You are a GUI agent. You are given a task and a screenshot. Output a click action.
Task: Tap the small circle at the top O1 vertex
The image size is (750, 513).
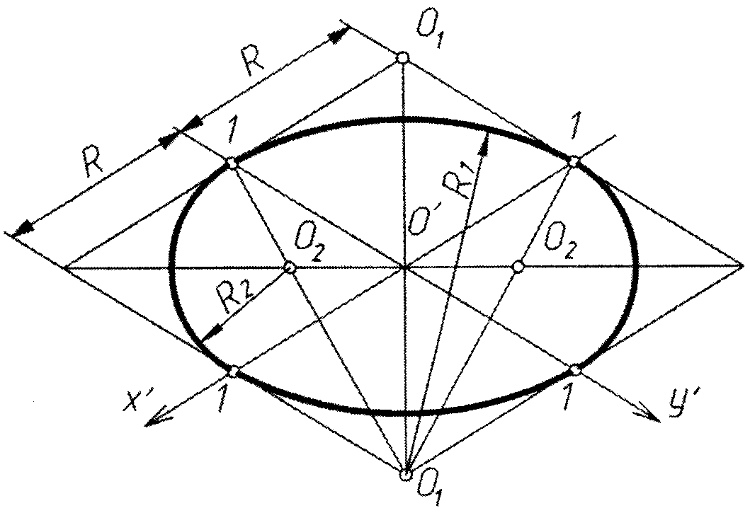(x=402, y=57)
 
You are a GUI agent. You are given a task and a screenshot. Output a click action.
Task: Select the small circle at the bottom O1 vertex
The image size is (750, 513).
(x=406, y=475)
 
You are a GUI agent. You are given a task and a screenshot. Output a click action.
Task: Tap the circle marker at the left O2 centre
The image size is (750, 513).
(x=289, y=267)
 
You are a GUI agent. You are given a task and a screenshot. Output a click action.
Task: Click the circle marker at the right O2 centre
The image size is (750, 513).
(x=518, y=267)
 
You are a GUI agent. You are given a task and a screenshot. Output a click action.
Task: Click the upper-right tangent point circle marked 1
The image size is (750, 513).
(x=573, y=162)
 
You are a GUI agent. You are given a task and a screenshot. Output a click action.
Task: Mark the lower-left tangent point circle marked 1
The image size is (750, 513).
(x=234, y=371)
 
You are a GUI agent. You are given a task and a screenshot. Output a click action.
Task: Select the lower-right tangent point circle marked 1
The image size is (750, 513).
(x=576, y=370)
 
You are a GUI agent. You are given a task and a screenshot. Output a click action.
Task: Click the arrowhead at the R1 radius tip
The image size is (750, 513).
(x=485, y=142)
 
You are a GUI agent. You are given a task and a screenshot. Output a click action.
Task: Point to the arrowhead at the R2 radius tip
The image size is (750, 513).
(x=207, y=338)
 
